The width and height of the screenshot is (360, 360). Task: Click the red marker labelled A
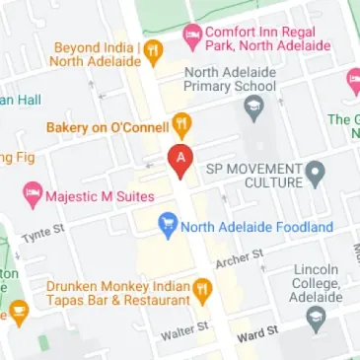(180, 159)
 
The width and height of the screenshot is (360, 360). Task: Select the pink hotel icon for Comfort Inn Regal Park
(191, 38)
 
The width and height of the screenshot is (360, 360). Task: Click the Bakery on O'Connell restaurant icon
(182, 125)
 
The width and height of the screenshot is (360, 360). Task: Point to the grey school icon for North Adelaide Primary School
(255, 107)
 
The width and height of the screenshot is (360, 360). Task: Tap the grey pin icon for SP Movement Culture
(316, 175)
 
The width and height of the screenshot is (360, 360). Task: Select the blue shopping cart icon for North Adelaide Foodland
(168, 226)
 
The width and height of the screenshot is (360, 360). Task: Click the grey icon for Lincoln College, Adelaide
(316, 317)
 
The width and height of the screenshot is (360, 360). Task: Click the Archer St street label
(241, 260)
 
